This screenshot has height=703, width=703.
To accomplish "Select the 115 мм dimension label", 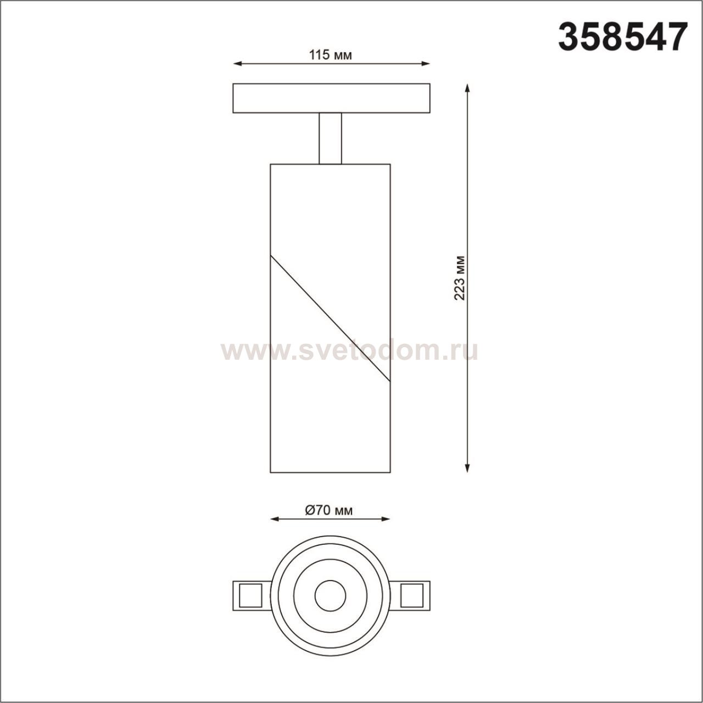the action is coord(331,55).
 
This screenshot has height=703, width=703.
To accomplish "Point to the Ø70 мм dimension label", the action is coord(328,510).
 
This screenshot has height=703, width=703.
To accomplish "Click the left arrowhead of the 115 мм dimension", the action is coord(237,64).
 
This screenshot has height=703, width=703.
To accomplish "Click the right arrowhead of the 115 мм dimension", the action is coord(426,64).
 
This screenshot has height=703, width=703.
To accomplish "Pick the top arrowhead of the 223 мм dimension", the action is coord(467,88).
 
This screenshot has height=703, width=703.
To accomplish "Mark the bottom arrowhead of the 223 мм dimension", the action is coord(467,468).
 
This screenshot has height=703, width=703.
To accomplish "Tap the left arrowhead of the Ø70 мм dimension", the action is coord(275,519).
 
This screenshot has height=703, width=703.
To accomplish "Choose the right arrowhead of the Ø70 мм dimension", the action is coord(386,519).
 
